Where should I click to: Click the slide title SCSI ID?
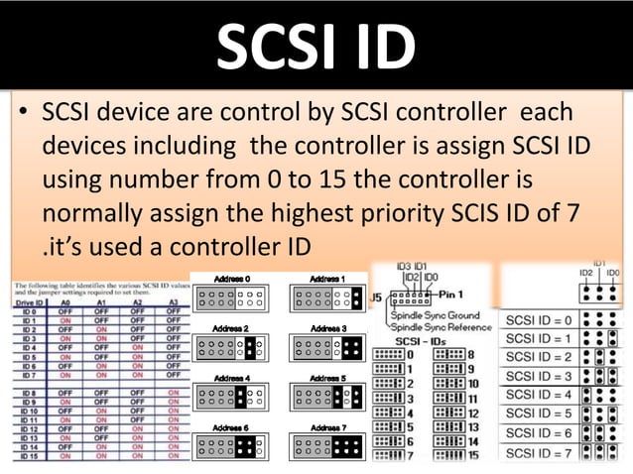click(x=316, y=46)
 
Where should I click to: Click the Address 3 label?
click(x=327, y=327)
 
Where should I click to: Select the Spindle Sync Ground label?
click(x=443, y=314)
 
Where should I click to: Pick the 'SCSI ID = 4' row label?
click(x=538, y=394)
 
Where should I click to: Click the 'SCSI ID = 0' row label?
click(x=538, y=319)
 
